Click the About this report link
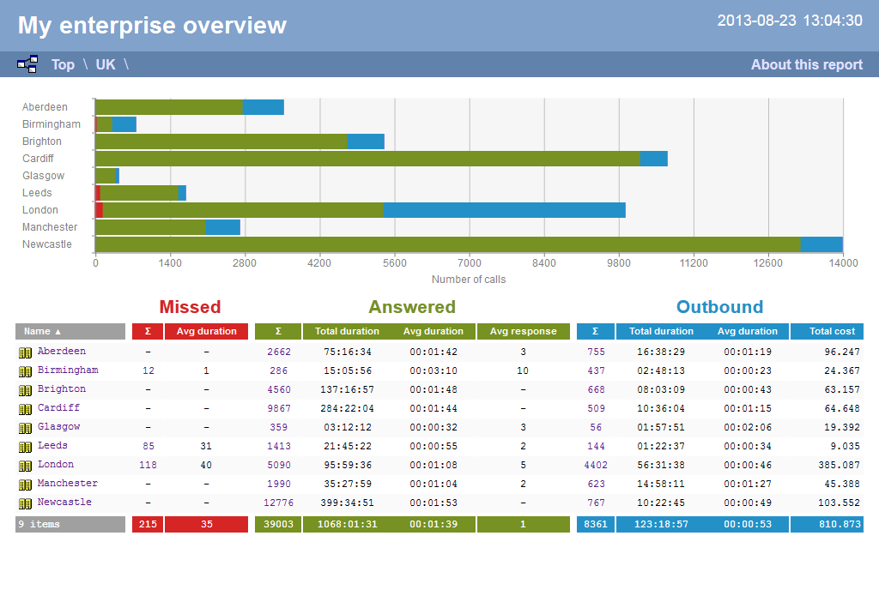click(x=806, y=64)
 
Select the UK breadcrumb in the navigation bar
click(x=106, y=64)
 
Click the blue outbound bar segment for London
click(x=504, y=210)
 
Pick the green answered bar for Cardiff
click(x=367, y=159)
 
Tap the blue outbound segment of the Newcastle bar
click(x=821, y=244)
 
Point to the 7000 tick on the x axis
click(x=470, y=263)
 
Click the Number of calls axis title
click(x=469, y=280)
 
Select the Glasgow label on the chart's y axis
click(x=43, y=176)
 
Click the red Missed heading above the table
click(x=190, y=307)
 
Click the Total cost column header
click(x=827, y=331)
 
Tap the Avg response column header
click(x=523, y=331)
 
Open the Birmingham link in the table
click(x=68, y=370)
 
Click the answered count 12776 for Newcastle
click(x=278, y=503)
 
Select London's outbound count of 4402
click(x=595, y=465)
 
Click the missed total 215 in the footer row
click(x=148, y=524)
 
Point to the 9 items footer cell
click(x=70, y=524)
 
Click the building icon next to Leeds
click(x=26, y=447)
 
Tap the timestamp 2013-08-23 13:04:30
click(x=790, y=21)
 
